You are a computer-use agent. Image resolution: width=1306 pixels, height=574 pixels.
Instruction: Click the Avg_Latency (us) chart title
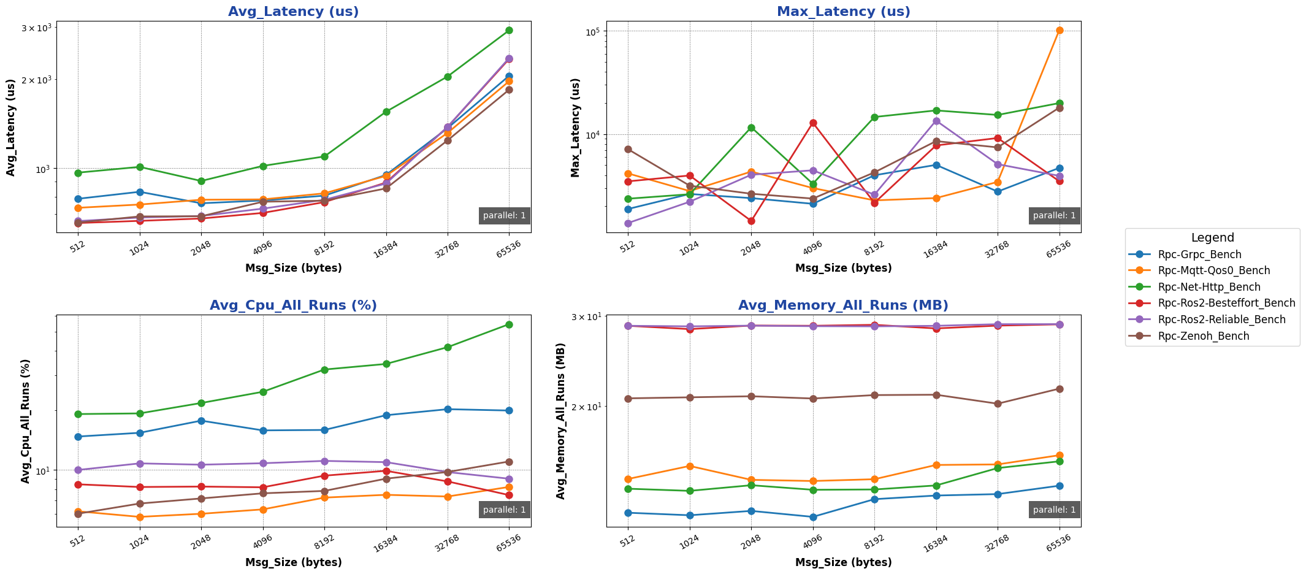pyautogui.click(x=293, y=12)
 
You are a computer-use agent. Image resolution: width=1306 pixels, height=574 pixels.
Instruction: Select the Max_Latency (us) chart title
pyautogui.click(x=843, y=12)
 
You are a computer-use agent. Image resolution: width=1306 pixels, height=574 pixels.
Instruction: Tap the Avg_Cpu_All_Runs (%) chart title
pyautogui.click(x=293, y=305)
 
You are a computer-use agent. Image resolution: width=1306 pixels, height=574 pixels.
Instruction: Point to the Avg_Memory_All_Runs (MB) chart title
pyautogui.click(x=843, y=305)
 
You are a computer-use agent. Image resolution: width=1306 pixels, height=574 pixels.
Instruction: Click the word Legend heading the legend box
pyautogui.click(x=1212, y=238)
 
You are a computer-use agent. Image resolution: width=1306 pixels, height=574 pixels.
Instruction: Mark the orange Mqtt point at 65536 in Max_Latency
pyautogui.click(x=1060, y=30)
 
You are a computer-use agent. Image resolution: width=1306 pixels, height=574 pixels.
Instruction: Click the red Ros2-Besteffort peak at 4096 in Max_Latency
pyautogui.click(x=813, y=123)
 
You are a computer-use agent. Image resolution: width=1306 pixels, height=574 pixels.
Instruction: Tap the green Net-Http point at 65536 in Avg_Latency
pyautogui.click(x=509, y=30)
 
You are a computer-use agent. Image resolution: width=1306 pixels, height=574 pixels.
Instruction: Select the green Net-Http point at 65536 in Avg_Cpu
pyautogui.click(x=509, y=324)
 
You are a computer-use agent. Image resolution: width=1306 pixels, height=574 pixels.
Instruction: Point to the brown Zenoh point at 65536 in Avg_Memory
pyautogui.click(x=1060, y=389)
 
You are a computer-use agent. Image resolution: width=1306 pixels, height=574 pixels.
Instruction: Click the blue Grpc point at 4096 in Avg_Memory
pyautogui.click(x=813, y=517)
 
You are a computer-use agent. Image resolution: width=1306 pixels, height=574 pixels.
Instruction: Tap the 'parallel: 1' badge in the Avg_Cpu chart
pyautogui.click(x=504, y=510)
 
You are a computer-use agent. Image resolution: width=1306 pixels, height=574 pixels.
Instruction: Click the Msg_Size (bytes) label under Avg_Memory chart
pyautogui.click(x=843, y=562)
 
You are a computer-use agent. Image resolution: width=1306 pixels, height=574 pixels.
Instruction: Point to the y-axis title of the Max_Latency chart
pyautogui.click(x=575, y=128)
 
